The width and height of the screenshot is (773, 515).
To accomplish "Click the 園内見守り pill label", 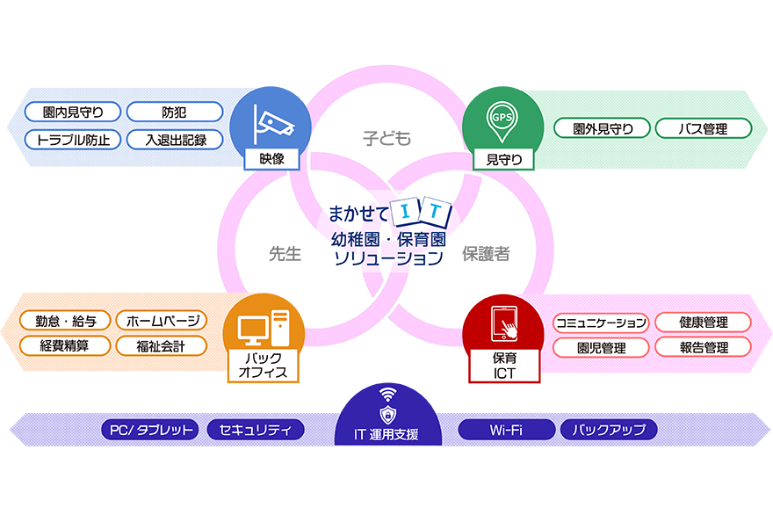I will [73, 112].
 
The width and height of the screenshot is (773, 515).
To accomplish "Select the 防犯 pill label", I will [174, 112].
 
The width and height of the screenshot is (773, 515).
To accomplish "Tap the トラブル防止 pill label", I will [73, 139].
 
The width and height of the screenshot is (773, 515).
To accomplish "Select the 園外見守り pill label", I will [602, 129].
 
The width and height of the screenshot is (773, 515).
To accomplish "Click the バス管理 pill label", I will [703, 129].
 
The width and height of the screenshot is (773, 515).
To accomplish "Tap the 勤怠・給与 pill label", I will [67, 321].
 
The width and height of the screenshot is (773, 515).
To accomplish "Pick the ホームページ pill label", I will [162, 321].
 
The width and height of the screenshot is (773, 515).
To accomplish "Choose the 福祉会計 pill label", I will [162, 346].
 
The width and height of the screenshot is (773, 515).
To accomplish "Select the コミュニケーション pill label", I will [601, 323].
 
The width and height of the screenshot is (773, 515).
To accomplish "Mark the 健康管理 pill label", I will [703, 323].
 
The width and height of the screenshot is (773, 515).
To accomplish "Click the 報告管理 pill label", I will [703, 347].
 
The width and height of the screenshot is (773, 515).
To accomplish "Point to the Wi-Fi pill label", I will [507, 430].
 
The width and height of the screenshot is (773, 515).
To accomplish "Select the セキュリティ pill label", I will [256, 430].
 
